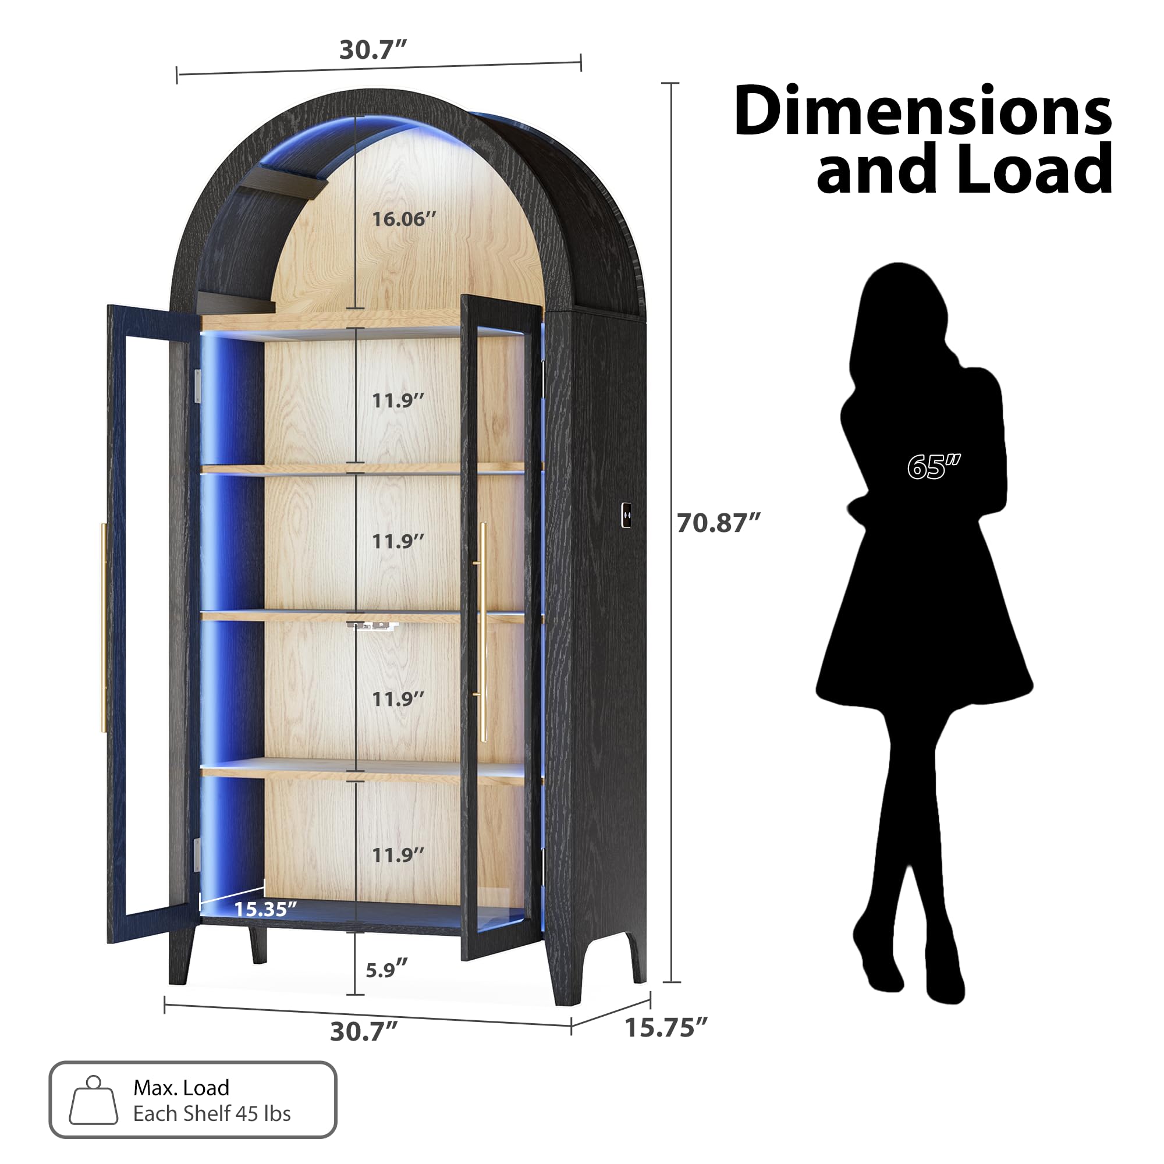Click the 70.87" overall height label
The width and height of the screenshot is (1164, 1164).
pos(718,523)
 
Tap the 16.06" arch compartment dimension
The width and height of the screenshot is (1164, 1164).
pos(403,219)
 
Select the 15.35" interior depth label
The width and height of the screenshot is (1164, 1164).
pos(265,909)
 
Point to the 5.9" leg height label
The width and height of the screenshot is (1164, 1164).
pos(386,970)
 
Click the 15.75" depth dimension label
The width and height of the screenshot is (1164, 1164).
pos(666,1028)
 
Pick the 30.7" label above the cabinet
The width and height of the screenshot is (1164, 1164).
pos(373,50)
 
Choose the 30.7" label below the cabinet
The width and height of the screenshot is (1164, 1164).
pos(363,1031)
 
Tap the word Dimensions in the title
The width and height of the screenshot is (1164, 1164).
pos(922,112)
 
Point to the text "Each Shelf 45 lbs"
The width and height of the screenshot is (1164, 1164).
pos(211,1113)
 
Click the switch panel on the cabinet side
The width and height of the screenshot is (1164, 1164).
pos(626,515)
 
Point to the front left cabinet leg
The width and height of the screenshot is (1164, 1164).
pos(181,958)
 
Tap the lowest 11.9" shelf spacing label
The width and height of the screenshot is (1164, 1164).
pos(398,855)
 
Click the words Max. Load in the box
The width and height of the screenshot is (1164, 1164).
pos(182,1088)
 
